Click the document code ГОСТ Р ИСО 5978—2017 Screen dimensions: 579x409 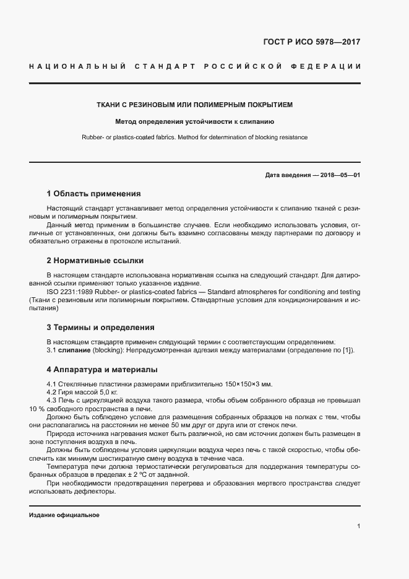click(312, 43)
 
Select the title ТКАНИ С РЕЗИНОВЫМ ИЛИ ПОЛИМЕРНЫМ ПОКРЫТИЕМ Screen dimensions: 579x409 click(194, 105)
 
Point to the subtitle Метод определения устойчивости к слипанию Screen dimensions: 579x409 click(194, 121)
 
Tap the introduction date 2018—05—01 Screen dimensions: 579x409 click(337, 175)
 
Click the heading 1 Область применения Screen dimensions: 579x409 click(93, 193)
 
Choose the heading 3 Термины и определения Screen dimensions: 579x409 click(100, 327)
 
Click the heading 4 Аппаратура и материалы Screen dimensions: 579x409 click(102, 370)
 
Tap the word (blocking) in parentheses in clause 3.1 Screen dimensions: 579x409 click(109, 350)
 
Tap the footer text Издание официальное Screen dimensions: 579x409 click(64, 515)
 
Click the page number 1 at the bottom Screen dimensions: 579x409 click(358, 526)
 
